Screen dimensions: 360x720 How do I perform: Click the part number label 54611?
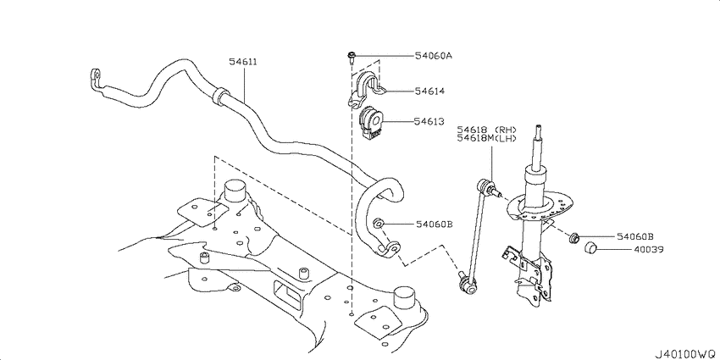244,61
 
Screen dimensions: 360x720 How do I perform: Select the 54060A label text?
433,56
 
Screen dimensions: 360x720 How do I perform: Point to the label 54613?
429,122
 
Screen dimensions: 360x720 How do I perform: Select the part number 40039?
629,251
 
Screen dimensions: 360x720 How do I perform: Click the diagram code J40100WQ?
684,351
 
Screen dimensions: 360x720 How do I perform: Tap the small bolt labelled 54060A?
351,58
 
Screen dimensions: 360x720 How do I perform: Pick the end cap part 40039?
592,247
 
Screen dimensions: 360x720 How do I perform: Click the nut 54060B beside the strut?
574,236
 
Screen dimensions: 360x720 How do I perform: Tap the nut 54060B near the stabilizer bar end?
379,224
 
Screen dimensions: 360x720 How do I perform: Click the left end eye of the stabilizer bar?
94,77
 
